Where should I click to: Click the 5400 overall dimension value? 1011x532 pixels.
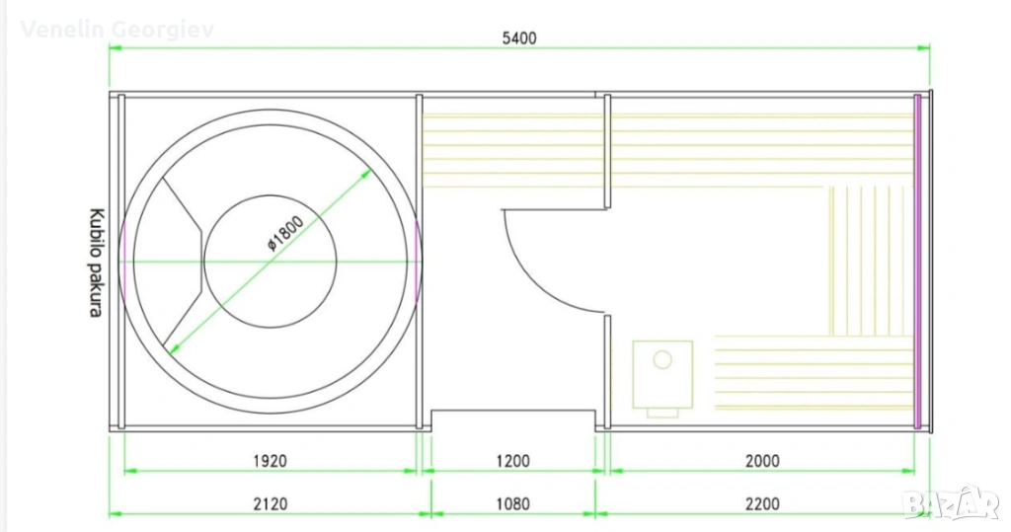point(519,38)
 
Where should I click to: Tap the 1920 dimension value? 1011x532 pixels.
point(270,461)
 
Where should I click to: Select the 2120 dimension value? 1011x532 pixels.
point(270,503)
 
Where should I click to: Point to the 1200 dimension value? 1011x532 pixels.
point(512,461)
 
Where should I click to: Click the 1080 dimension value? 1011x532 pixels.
point(512,503)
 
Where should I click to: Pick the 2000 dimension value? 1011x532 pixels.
point(762,461)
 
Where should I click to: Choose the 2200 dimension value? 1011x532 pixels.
point(762,503)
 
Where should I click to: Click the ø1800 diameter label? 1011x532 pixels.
point(285,233)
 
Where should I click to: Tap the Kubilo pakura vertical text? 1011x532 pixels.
point(96,263)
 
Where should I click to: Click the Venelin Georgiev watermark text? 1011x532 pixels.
point(117,30)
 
